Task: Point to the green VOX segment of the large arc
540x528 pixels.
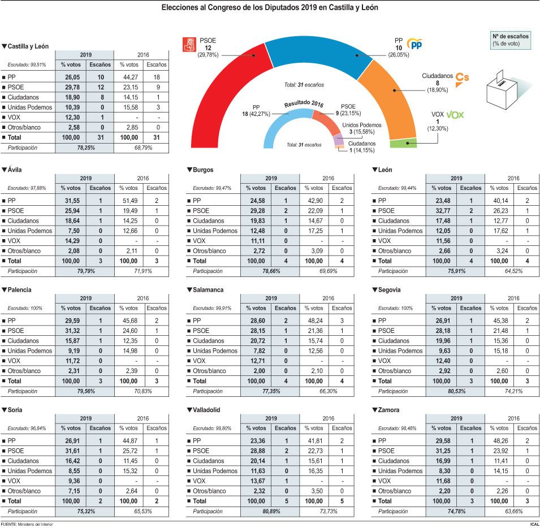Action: click(403, 142)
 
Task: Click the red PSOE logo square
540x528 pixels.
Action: click(188, 45)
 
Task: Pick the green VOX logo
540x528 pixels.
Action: click(455, 115)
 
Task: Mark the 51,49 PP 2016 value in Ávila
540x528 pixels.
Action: click(129, 201)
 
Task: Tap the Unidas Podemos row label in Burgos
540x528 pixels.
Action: click(215, 231)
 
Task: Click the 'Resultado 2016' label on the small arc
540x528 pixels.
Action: click(304, 104)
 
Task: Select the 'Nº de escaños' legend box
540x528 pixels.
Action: click(510, 40)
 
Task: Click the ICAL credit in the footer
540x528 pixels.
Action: click(533, 524)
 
